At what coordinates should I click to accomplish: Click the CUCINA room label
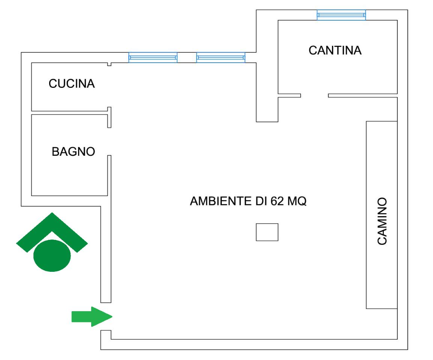[72, 84]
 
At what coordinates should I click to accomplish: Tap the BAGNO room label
[73, 152]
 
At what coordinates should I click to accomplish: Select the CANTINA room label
[335, 50]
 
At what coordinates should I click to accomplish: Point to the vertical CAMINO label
[382, 221]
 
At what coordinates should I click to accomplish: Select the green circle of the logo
[52, 256]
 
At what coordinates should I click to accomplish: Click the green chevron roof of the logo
[52, 227]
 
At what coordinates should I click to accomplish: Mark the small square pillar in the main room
[267, 232]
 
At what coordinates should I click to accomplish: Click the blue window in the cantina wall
[341, 15]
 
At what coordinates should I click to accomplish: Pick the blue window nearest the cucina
[153, 57]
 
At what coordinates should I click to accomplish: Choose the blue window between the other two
[221, 57]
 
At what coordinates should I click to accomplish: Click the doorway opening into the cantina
[314, 95]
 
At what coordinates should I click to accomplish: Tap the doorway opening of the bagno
[109, 141]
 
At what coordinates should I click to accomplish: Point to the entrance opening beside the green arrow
[106, 316]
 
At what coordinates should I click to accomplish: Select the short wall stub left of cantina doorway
[289, 95]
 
